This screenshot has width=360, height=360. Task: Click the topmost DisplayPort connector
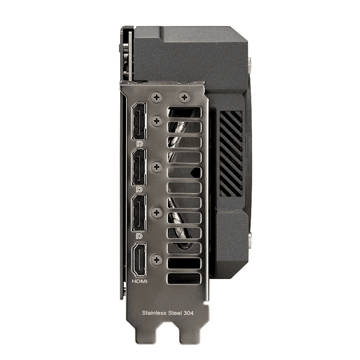(x=139, y=121)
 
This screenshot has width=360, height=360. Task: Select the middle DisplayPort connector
(x=139, y=167)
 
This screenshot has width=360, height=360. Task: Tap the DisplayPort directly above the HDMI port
(x=139, y=212)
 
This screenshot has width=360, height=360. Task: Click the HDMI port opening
(x=139, y=259)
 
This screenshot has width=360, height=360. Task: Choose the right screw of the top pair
(x=184, y=97)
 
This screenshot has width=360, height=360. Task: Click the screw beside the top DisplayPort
(x=157, y=121)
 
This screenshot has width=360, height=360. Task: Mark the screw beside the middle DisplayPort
(x=157, y=166)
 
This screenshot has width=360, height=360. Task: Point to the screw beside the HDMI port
(x=157, y=260)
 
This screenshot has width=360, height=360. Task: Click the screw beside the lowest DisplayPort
(x=157, y=212)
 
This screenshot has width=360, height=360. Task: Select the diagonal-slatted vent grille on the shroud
(x=231, y=153)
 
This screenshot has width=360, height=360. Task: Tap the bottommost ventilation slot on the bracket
(x=184, y=279)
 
